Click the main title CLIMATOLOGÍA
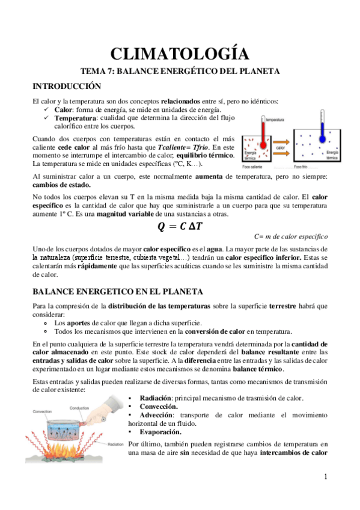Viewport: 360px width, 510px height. [180, 54]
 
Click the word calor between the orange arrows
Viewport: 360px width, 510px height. [280, 147]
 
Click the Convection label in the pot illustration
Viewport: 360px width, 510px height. [43, 412]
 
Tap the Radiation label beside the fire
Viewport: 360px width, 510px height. [115, 445]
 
